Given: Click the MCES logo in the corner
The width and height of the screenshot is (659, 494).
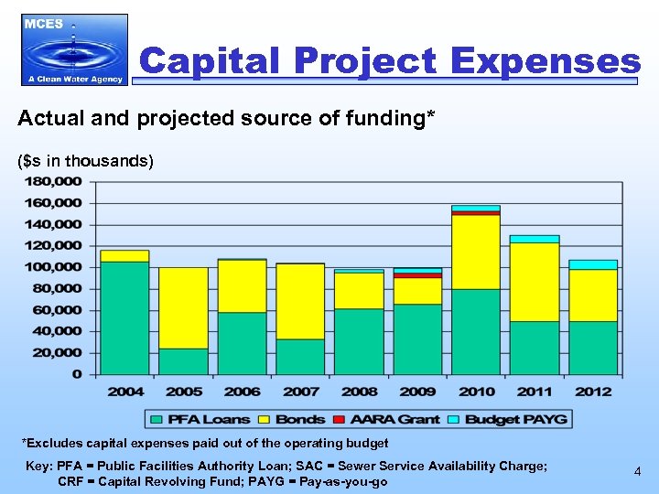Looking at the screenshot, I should pos(74,49).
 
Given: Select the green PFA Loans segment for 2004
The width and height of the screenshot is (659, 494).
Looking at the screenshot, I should pos(124,317).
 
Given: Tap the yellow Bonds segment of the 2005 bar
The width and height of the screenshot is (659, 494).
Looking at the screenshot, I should pos(183,307).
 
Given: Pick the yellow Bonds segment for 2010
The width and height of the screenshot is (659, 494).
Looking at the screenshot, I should pos(476,252).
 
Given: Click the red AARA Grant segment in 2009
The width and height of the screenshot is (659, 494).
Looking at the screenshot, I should pos(417,274).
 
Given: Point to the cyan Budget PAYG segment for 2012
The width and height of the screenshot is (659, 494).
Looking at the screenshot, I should pos(593,264).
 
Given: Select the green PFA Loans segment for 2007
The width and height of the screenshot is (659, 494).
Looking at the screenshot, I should pos(300,356).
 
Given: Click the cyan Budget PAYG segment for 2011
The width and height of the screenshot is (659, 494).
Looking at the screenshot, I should pos(535,239).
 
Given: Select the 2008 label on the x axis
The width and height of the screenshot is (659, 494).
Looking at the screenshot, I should pos(359,392).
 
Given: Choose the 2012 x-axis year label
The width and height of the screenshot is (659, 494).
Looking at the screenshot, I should pos(593,392).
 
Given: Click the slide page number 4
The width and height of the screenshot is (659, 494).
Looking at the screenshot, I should pos(637,472).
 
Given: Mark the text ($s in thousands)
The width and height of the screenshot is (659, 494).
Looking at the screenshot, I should pos(87,161).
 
